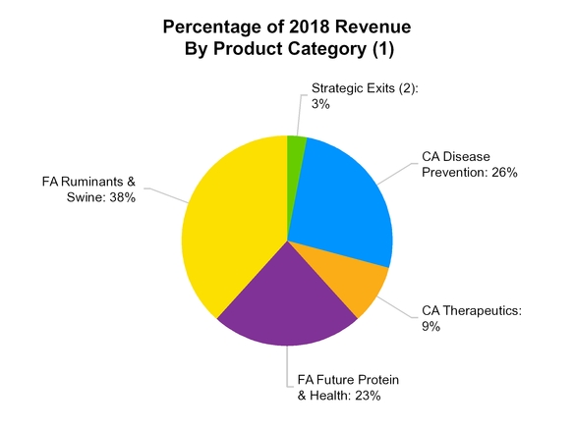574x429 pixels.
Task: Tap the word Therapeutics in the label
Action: click(x=482, y=311)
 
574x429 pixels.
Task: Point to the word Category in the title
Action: click(x=334, y=47)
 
